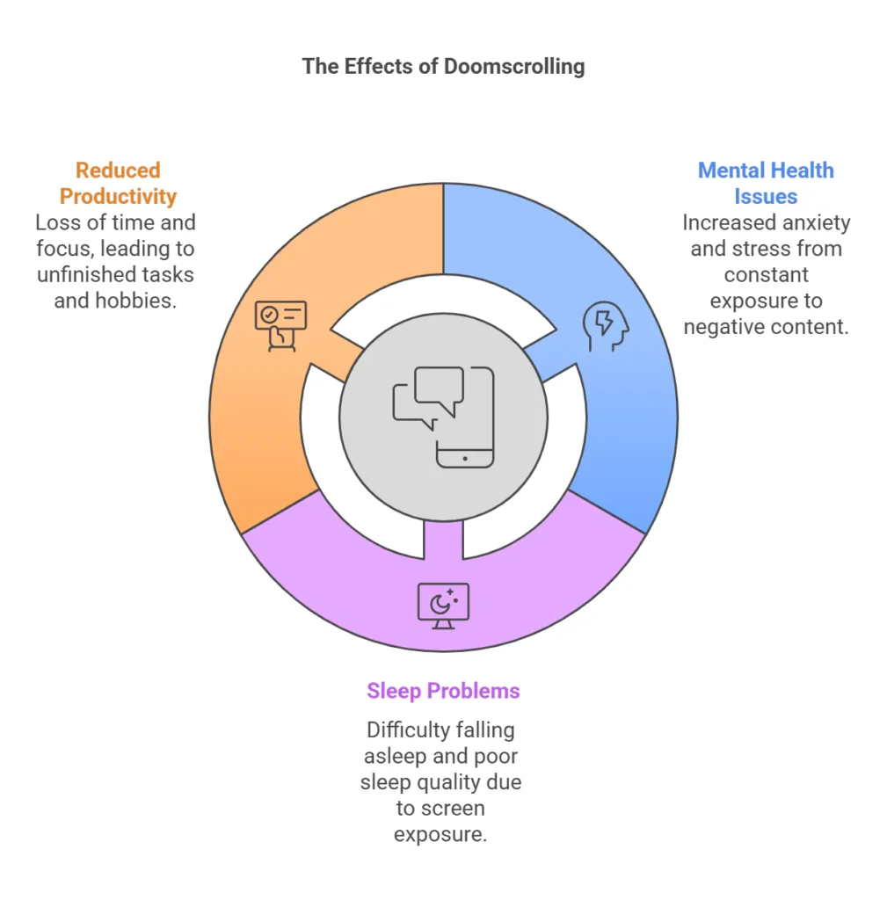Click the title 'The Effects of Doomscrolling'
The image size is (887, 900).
[x=443, y=67]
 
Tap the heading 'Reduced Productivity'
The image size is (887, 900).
[x=118, y=183]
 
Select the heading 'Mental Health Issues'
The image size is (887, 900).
[x=766, y=183]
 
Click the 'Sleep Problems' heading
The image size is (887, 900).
[x=443, y=691]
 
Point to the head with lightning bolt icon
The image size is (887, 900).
[x=606, y=326]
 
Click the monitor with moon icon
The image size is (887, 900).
[x=443, y=606]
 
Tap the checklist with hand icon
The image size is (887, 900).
[x=280, y=326]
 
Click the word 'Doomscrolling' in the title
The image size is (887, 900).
[x=514, y=67]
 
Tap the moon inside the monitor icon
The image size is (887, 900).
[x=440, y=605]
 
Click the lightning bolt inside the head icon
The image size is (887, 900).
[x=603, y=323]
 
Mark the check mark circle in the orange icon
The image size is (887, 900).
[x=269, y=315]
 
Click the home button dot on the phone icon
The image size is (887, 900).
[x=465, y=459]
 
